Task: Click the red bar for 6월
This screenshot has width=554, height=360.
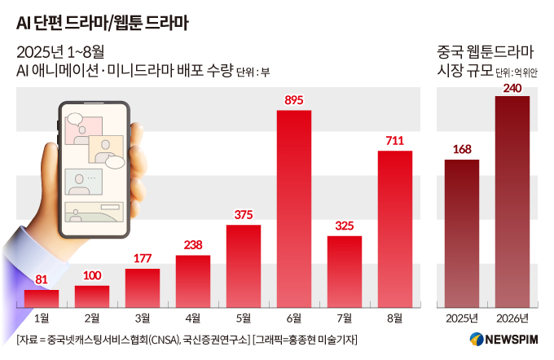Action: (294, 209)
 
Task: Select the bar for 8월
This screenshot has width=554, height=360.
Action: (394, 230)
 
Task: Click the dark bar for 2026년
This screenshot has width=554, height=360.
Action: (512, 202)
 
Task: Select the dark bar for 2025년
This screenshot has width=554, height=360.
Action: (462, 234)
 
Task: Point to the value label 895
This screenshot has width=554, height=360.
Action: (294, 100)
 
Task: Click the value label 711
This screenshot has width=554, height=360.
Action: (394, 141)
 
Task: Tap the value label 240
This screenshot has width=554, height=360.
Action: (512, 87)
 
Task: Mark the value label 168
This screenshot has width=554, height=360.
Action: (462, 149)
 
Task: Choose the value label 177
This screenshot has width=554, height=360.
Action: (143, 259)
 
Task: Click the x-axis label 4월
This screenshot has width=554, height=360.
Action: (193, 318)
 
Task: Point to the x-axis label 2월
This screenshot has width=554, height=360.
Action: (92, 318)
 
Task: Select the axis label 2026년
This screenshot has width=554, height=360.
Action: (512, 318)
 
